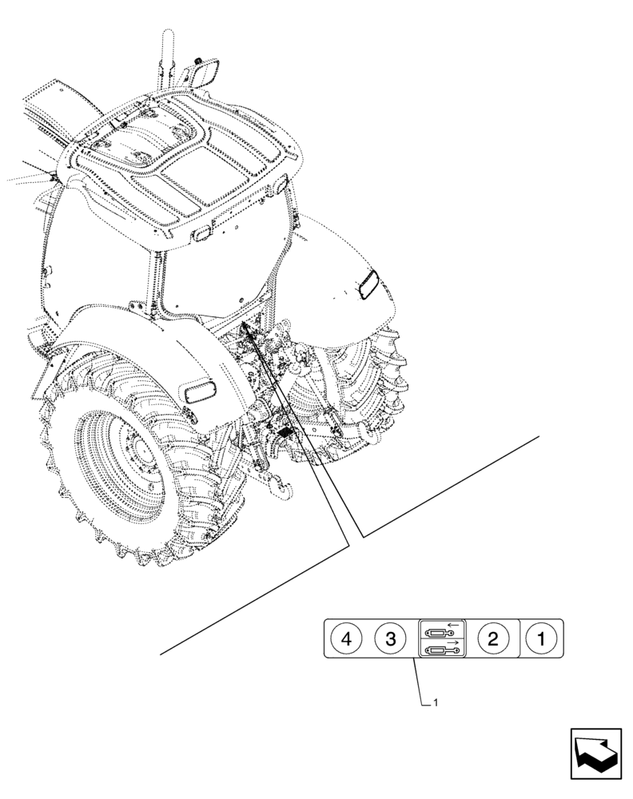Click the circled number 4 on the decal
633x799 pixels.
345,638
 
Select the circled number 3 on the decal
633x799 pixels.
390,638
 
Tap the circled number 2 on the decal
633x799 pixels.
492,638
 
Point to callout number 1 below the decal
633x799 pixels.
435,702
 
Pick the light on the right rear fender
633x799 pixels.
369,284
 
